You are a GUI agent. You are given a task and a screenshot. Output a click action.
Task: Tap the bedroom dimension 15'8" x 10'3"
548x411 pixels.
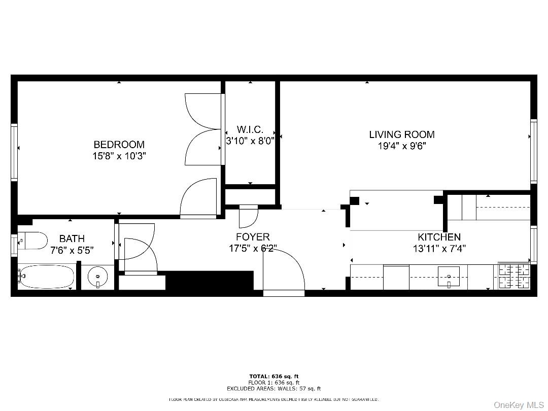pos(119,156)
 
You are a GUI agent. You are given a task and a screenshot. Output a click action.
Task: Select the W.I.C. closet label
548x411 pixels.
pos(250,130)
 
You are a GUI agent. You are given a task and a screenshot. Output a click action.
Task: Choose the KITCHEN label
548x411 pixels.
pos(439,237)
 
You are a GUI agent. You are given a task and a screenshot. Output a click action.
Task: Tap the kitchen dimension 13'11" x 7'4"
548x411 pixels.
pos(439,249)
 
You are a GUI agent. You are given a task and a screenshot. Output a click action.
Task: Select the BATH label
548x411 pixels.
pos(72,238)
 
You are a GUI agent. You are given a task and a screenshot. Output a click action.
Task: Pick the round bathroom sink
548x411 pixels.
pos(97,277)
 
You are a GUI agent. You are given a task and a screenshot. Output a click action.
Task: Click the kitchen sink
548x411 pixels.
pos(449,277)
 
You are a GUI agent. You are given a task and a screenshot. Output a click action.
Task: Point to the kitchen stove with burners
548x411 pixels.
pos(513,276)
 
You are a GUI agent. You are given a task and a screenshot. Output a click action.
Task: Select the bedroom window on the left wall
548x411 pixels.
pos(15,152)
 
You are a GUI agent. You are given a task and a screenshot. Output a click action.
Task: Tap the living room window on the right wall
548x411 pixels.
pos(533,151)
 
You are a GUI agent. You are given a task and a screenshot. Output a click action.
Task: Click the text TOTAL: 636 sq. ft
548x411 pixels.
pos(273,376)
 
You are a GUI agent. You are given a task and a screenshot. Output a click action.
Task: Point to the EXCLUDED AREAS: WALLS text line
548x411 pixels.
pos(273,389)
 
